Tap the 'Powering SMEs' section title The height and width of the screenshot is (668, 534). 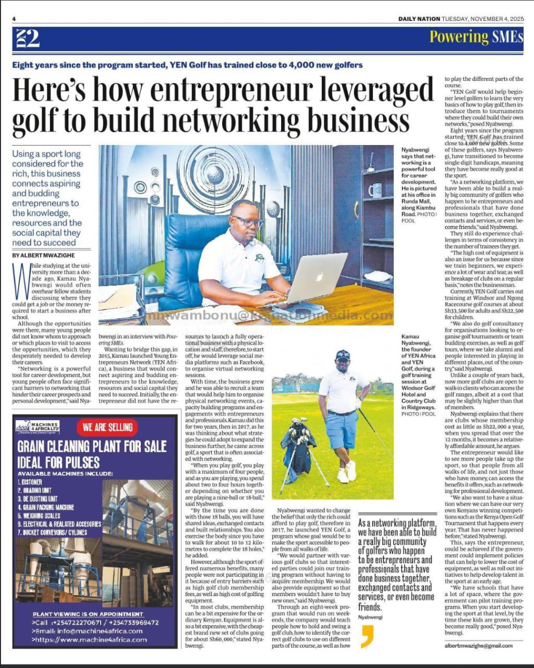pyautogui.click(x=476, y=37)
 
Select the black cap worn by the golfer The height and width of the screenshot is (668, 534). pyautogui.click(x=343, y=355)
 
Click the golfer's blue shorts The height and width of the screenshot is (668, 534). pyautogui.click(x=342, y=429)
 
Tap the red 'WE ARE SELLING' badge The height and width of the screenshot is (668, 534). pyautogui.click(x=107, y=427)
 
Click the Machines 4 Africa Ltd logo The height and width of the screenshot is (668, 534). pyautogui.click(x=38, y=427)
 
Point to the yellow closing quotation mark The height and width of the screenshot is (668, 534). pyautogui.click(x=367, y=637)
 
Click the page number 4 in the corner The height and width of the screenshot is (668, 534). pyautogui.click(x=15, y=19)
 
